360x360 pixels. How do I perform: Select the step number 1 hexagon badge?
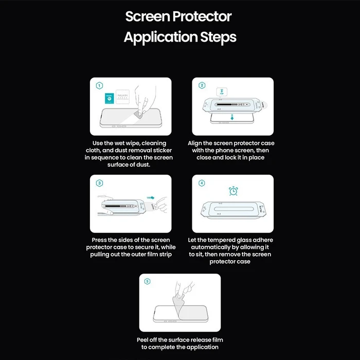click(99, 85)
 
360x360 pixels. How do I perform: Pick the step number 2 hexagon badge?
click(202, 85)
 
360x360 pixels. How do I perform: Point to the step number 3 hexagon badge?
click(99, 183)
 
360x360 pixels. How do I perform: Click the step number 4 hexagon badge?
click(202, 183)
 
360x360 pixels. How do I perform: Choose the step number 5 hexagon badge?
click(148, 281)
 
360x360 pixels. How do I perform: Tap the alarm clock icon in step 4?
click(232, 191)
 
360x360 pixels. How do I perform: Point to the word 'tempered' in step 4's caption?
click(223, 240)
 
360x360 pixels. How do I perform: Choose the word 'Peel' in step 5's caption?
click(146, 339)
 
